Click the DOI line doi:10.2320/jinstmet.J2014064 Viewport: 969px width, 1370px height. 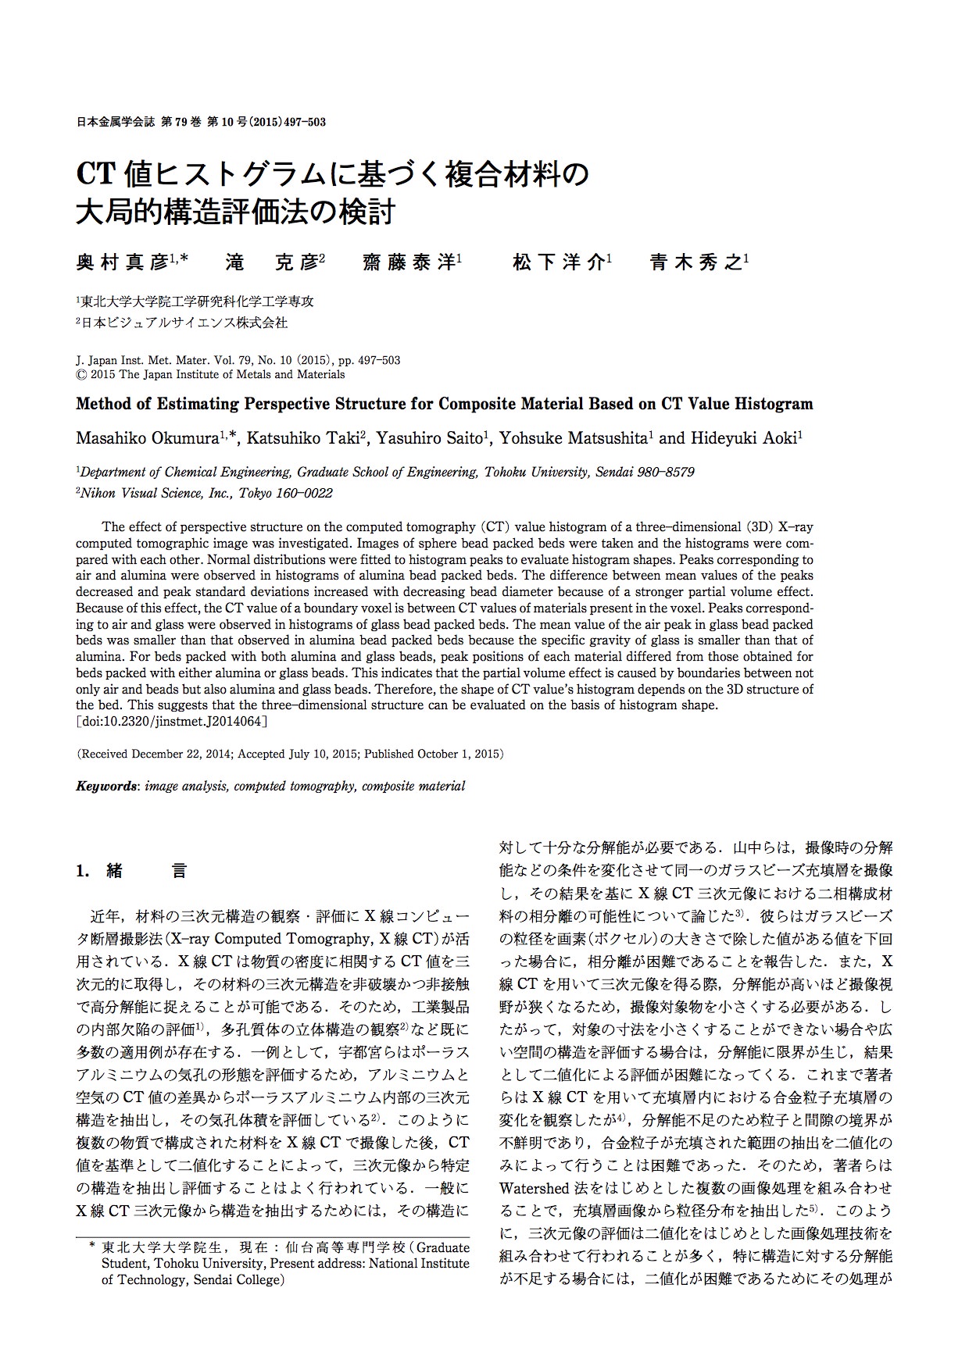pos(172,722)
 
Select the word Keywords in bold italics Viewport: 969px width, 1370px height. pos(106,786)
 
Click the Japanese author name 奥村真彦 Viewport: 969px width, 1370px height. pos(123,262)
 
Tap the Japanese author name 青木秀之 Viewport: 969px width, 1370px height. pos(695,262)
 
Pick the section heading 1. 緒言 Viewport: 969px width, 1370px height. pos(132,871)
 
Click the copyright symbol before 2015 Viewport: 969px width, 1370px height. pos(81,374)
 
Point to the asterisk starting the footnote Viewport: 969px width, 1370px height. pos(93,1247)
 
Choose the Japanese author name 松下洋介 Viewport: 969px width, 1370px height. pos(558,262)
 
